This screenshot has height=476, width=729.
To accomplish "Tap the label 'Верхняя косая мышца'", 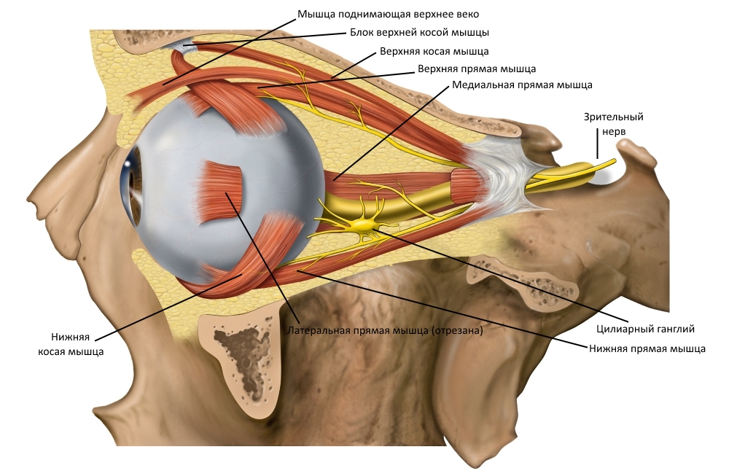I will click(434, 52).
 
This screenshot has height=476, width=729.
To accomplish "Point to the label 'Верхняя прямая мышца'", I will click(477, 69).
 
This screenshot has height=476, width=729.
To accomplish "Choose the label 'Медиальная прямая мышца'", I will click(522, 85).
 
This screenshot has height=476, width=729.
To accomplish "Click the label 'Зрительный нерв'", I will click(604, 124).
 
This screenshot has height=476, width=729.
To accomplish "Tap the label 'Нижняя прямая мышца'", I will click(647, 348).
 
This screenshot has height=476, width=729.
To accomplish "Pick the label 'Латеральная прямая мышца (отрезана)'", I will click(386, 330).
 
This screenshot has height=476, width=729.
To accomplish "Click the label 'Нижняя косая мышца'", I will click(71, 344).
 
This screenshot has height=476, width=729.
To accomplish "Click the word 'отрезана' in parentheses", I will click(457, 330).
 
